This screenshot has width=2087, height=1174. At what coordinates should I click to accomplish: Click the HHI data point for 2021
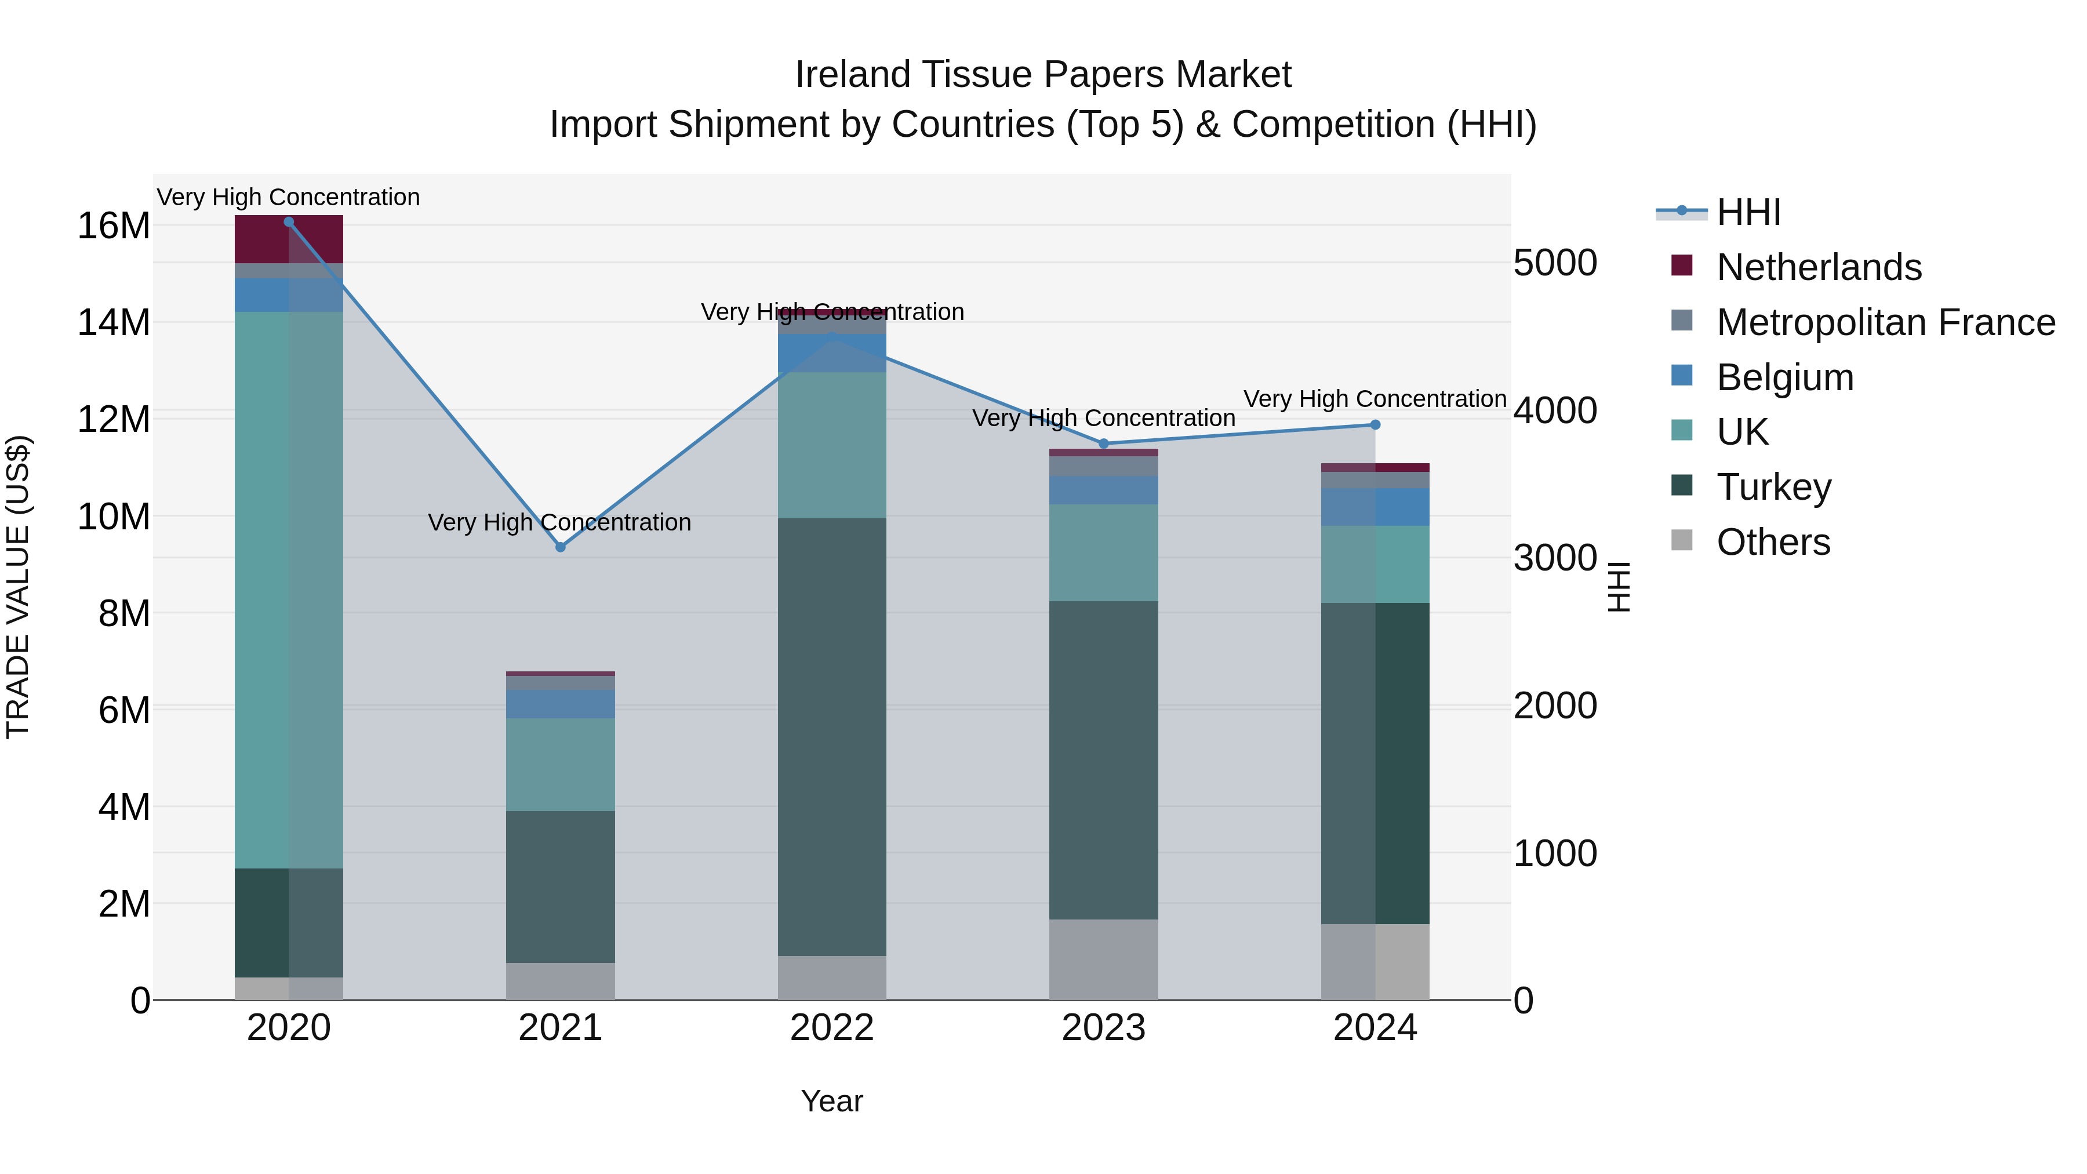[x=560, y=547]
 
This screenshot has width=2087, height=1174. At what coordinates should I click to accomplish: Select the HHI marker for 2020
[x=289, y=221]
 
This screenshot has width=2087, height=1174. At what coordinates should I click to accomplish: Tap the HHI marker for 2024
[x=1375, y=424]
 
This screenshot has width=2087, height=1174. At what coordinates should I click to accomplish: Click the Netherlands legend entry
[x=1818, y=267]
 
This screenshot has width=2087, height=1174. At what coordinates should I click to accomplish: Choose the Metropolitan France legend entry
[x=1885, y=322]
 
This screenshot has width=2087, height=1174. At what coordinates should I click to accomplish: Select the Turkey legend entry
[x=1773, y=487]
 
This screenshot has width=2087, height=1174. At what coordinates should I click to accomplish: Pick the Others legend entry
[x=1773, y=542]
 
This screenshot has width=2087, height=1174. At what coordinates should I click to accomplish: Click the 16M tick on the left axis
[x=114, y=226]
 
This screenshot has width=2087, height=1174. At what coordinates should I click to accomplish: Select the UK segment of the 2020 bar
[x=289, y=590]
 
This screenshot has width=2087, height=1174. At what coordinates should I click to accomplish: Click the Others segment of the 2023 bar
[x=1103, y=959]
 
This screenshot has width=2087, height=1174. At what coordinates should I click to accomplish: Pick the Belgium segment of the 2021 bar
[x=560, y=704]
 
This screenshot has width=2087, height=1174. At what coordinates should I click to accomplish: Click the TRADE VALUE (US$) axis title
[x=18, y=587]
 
